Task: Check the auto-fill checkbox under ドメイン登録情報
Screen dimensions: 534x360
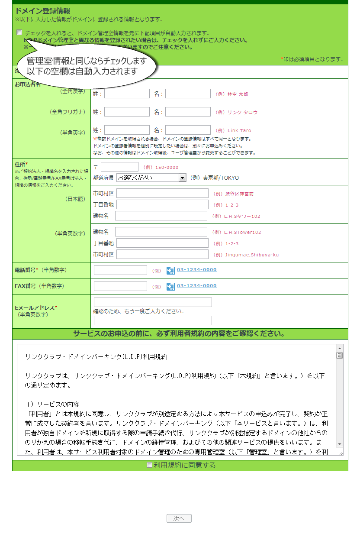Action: pyautogui.click(x=19, y=32)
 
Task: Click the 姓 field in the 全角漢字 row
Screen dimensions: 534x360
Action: pyautogui.click(x=127, y=94)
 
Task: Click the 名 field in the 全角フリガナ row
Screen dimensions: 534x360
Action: pyautogui.click(x=188, y=112)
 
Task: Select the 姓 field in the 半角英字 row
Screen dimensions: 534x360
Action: pyautogui.click(x=127, y=130)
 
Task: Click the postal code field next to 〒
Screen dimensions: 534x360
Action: pyautogui.click(x=119, y=167)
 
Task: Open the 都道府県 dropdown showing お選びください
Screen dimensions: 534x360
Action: pyautogui.click(x=151, y=178)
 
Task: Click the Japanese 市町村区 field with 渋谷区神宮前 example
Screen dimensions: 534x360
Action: pyautogui.click(x=162, y=193)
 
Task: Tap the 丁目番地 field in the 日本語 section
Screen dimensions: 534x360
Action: pyautogui.click(x=162, y=204)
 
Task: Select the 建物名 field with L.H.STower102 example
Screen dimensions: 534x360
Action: pyautogui.click(x=161, y=232)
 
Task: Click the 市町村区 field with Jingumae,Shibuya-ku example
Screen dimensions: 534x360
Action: pyautogui.click(x=162, y=254)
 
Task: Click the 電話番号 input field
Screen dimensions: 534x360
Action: pyautogui.click(x=120, y=270)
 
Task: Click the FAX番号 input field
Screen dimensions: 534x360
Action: pyautogui.click(x=120, y=286)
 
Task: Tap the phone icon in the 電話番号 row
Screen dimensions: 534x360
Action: pyautogui.click(x=171, y=271)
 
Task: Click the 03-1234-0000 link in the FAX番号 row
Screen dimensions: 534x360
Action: pyautogui.click(x=196, y=286)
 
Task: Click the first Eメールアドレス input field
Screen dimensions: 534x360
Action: pyautogui.click(x=153, y=302)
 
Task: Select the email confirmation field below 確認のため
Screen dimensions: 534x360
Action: pyautogui.click(x=153, y=320)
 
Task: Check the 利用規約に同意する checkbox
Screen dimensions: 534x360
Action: pyautogui.click(x=149, y=465)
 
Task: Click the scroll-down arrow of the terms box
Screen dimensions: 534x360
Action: pyautogui.click(x=340, y=444)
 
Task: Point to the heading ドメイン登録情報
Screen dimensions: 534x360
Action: pyautogui.click(x=42, y=11)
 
